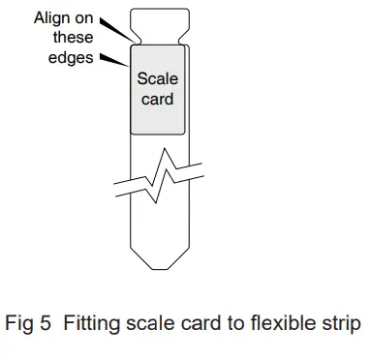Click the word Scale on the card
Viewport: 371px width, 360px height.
tap(157, 78)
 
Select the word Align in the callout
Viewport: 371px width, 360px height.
tap(53, 17)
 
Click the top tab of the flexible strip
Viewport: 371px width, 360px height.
tap(157, 24)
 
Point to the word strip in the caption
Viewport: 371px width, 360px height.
tap(344, 322)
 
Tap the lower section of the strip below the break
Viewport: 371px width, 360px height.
tap(157, 227)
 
